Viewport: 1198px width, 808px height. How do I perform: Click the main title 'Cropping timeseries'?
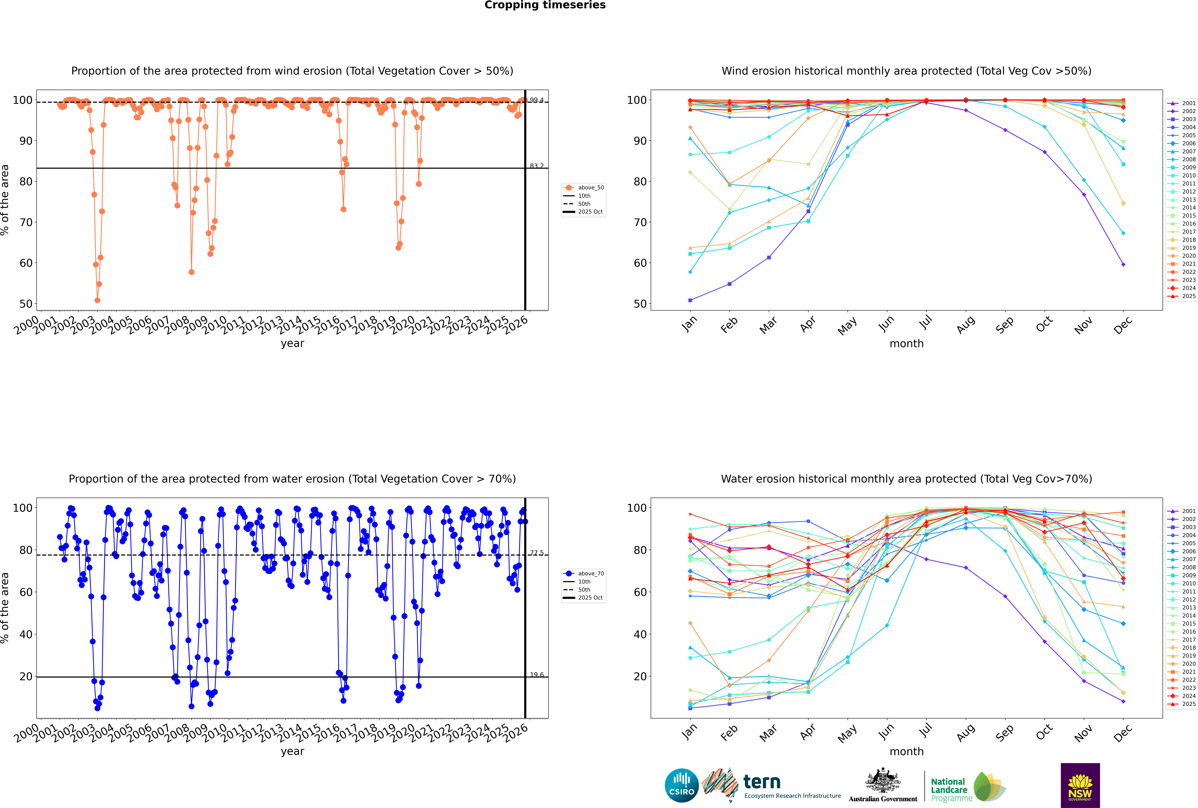[x=545, y=5]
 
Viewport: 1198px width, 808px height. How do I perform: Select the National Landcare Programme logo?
[x=967, y=787]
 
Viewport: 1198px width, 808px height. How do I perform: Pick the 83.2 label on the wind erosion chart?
[x=537, y=166]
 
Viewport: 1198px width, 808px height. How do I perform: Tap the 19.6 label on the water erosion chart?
[x=537, y=674]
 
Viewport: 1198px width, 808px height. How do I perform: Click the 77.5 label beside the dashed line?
[x=537, y=553]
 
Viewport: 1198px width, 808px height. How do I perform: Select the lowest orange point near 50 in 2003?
[x=97, y=300]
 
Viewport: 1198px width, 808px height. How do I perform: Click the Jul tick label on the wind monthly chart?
[x=926, y=323]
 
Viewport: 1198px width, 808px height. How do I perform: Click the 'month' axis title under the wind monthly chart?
[x=906, y=344]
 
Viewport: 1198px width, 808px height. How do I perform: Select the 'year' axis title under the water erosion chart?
[x=293, y=751]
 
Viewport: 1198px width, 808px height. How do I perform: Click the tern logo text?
[x=762, y=782]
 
